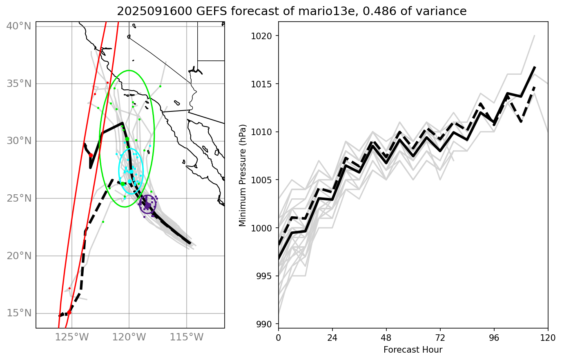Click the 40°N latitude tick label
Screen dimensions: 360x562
coord(19,26)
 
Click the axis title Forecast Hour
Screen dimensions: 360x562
coord(413,350)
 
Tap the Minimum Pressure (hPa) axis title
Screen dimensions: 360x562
coord(243,175)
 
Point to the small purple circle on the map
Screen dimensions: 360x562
coord(147,204)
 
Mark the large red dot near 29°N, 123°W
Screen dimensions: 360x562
coord(91,156)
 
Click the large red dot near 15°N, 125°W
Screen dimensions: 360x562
coord(69,312)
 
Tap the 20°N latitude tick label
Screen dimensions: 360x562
coord(19,256)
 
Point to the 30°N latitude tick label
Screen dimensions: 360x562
coord(19,141)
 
